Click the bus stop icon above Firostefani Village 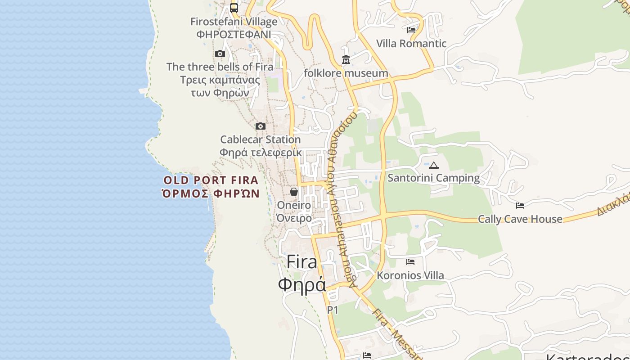(x=234, y=8)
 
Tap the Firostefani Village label (x=234, y=22)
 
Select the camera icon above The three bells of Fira (x=220, y=54)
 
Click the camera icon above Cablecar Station (x=261, y=126)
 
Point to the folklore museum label (x=346, y=73)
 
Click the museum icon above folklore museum (x=346, y=59)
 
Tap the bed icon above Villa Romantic (x=411, y=30)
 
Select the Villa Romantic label (x=411, y=44)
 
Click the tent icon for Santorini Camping (x=434, y=165)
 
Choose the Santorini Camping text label (x=434, y=178)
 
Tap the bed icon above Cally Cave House (x=520, y=206)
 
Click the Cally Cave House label (x=520, y=219)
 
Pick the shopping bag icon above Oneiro (x=294, y=192)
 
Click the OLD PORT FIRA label (x=211, y=180)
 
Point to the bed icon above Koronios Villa (x=410, y=261)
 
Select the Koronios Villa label (x=410, y=275)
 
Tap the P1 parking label (x=333, y=310)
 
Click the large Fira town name (x=301, y=262)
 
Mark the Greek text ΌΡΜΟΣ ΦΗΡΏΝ (x=211, y=193)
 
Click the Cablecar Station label (x=260, y=139)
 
